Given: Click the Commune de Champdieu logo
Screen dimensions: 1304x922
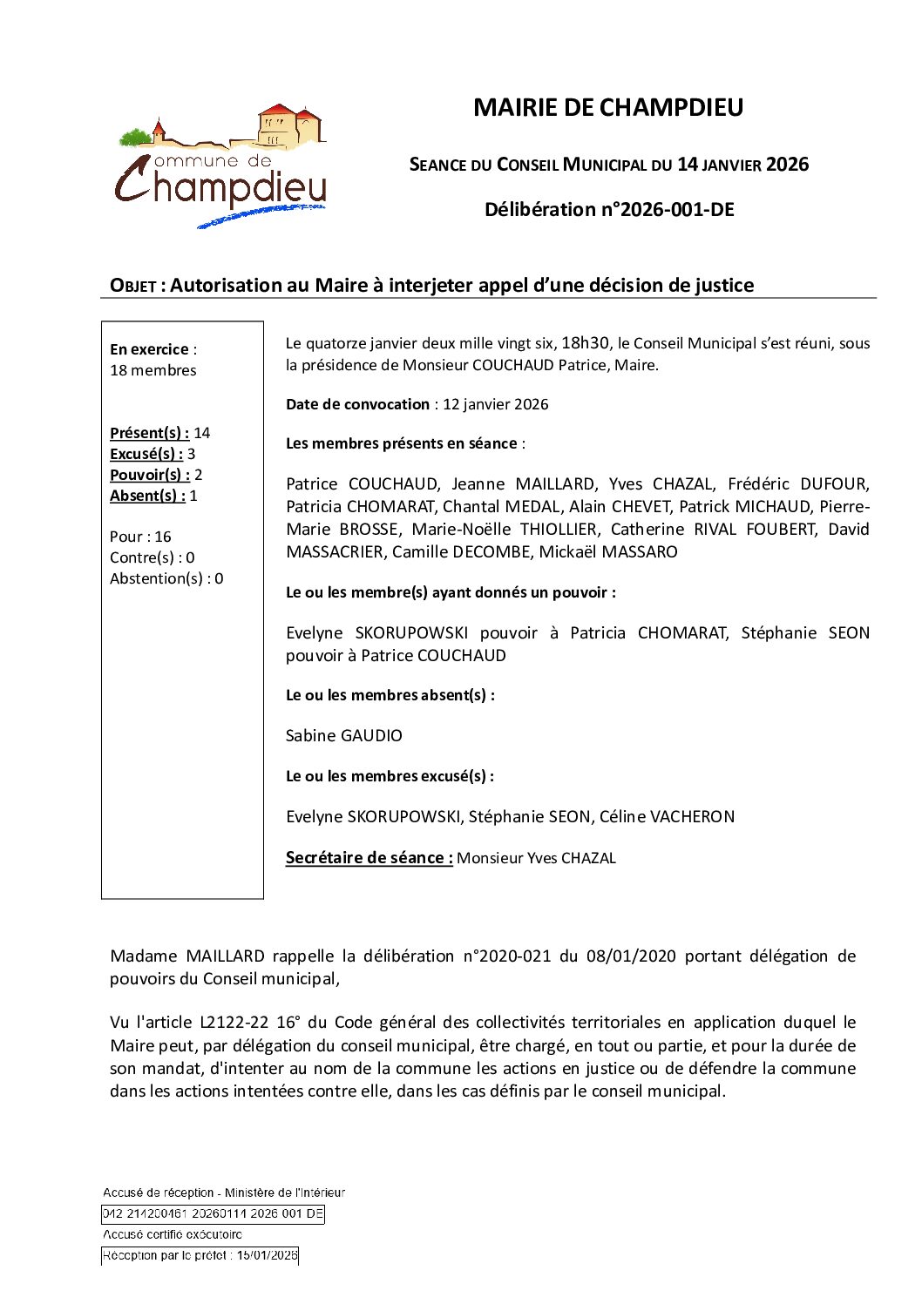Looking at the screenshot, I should (x=221, y=166).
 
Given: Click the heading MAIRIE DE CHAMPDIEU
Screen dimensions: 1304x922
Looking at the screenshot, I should (x=607, y=108).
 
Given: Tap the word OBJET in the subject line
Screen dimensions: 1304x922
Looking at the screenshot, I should (x=132, y=286).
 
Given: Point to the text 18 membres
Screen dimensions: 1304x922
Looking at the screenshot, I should (x=153, y=370).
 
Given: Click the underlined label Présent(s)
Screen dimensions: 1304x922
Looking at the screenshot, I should (x=149, y=433).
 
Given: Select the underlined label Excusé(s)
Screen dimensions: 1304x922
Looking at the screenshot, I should (x=146, y=454).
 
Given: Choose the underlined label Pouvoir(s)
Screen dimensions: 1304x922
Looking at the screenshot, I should (x=149, y=475).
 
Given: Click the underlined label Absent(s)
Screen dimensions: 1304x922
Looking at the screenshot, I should (x=147, y=496).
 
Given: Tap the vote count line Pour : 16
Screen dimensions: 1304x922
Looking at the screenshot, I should (x=140, y=537).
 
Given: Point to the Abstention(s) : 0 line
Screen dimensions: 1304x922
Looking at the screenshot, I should (x=166, y=578).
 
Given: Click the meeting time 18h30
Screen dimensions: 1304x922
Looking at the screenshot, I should (x=586, y=343).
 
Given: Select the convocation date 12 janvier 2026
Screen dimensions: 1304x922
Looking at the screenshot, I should (x=496, y=404).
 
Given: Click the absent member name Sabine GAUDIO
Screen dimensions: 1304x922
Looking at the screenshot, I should (x=344, y=736).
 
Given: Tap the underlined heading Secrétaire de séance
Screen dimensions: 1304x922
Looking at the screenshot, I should (x=369, y=858).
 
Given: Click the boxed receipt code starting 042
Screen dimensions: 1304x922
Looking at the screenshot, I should (x=213, y=1213).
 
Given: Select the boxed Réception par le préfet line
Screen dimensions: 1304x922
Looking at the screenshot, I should (x=200, y=1255).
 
